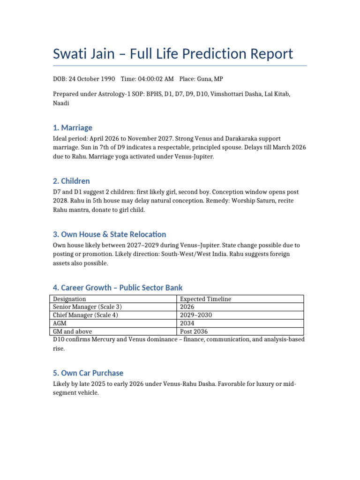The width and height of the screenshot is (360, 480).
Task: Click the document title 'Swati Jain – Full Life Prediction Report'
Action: pos(173,53)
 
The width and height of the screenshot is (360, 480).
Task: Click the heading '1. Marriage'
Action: pos(73,127)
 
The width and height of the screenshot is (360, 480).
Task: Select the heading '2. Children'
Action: pos(71,181)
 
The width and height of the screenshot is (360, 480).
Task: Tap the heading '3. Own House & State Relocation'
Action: pos(109,234)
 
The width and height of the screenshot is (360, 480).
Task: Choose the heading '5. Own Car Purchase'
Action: pos(88,373)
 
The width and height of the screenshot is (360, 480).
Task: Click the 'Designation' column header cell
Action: pos(69,299)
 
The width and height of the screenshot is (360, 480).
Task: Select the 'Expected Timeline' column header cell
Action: pos(205,299)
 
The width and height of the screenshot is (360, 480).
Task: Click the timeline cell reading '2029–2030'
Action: pos(196,315)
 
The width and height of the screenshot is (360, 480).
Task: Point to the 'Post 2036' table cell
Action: pos(195,331)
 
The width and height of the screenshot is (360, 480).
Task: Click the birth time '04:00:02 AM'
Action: pos(157,79)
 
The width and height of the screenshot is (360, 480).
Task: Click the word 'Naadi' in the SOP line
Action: pos(61,103)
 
